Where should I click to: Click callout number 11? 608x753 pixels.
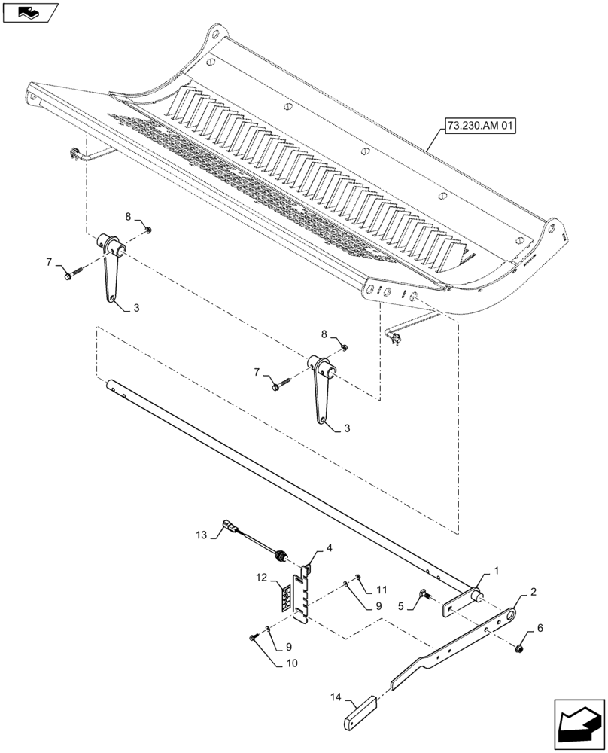coord(382,590)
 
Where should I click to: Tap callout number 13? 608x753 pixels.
coord(200,535)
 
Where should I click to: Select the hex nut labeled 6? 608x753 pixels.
coord(519,648)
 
